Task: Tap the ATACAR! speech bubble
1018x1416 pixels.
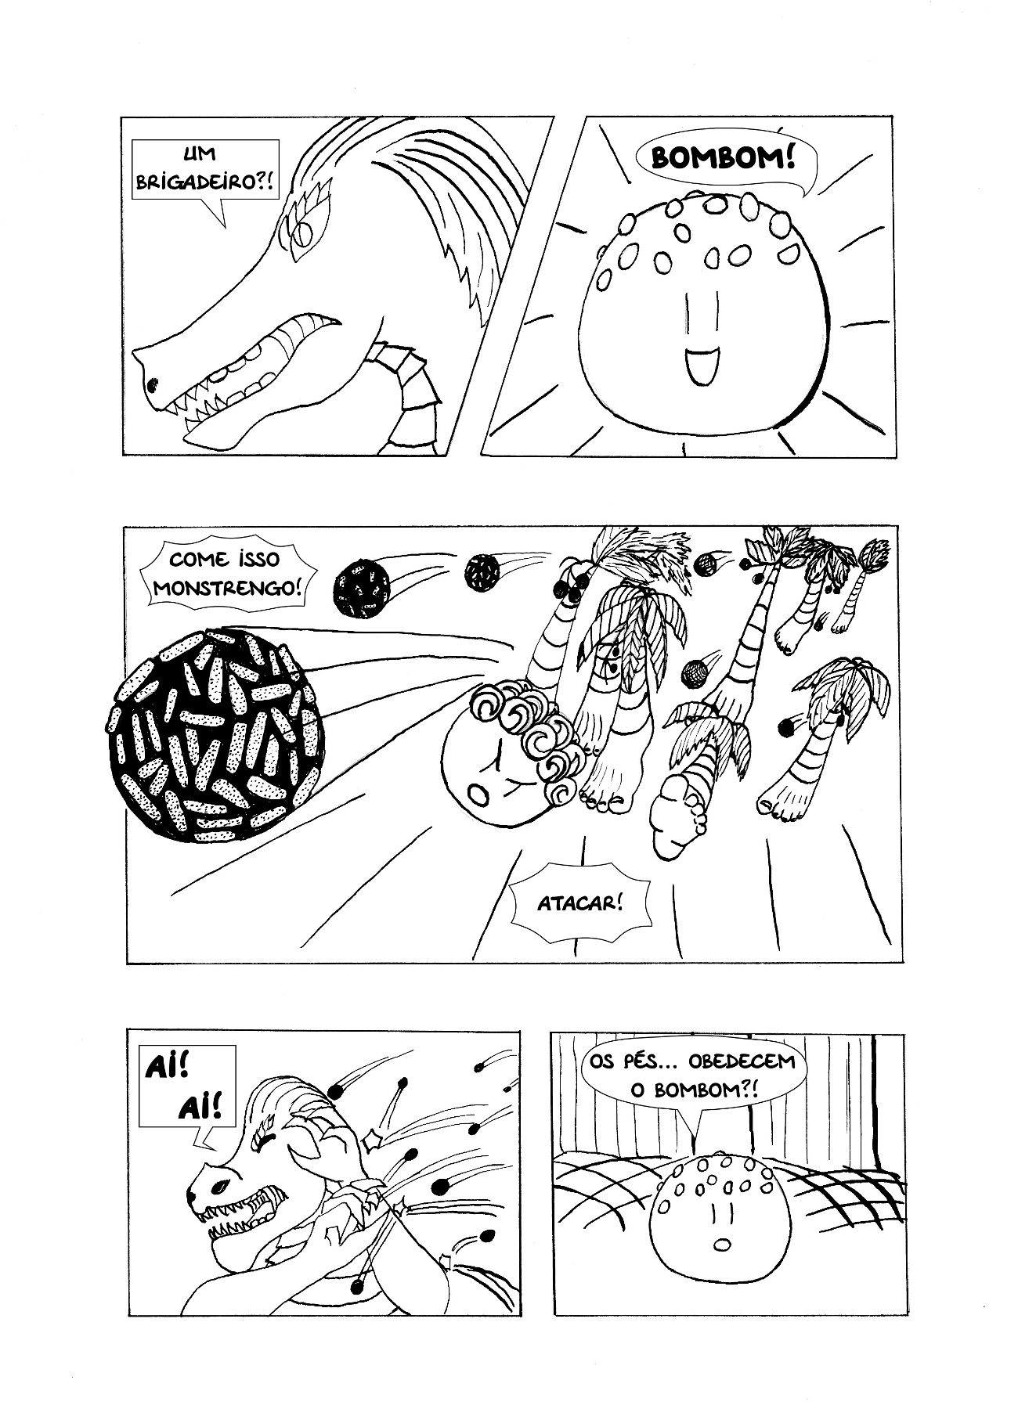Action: click(580, 904)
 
